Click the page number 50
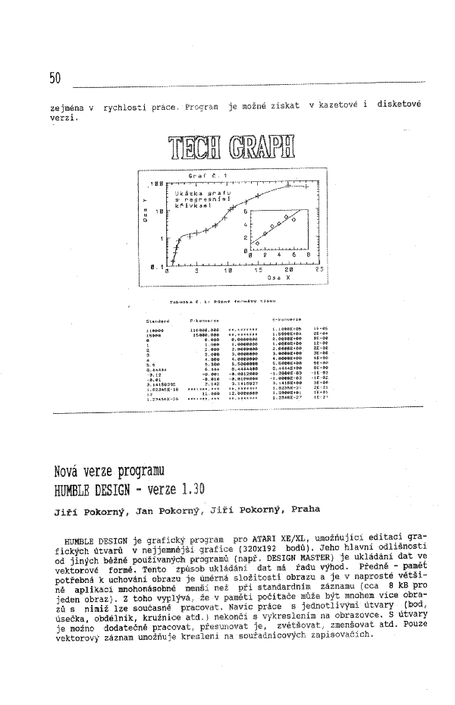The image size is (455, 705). point(54,77)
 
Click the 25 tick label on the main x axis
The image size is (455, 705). point(319,269)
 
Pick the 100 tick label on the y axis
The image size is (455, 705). point(158,184)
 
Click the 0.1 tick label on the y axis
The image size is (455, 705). point(156,265)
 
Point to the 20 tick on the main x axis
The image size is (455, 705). point(289,269)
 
